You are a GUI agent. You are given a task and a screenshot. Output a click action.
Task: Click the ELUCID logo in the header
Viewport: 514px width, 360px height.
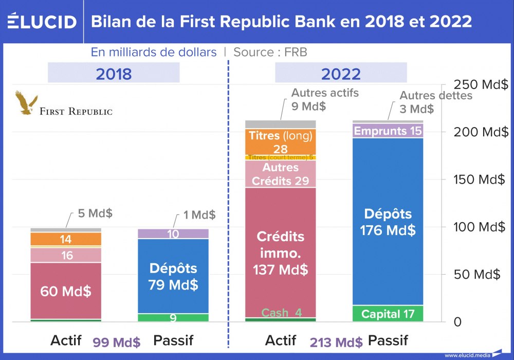(42, 22)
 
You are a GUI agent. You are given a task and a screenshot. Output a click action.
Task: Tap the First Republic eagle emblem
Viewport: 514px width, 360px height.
(26, 103)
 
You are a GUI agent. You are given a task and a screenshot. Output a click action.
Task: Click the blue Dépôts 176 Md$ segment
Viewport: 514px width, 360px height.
(388, 221)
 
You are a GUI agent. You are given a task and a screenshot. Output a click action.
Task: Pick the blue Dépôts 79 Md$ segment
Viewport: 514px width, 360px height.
(173, 276)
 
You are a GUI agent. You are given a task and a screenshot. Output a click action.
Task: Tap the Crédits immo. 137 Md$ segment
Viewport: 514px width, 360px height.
(280, 252)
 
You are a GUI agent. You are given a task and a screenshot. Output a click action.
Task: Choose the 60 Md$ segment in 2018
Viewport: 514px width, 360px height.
(66, 291)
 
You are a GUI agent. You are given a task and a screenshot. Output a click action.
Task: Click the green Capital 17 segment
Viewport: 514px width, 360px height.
(388, 314)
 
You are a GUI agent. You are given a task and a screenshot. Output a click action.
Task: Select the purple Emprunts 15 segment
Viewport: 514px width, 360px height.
(388, 131)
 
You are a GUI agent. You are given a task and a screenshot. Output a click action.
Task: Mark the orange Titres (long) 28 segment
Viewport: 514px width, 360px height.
(280, 142)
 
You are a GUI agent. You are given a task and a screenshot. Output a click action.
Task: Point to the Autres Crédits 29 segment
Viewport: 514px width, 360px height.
(280, 174)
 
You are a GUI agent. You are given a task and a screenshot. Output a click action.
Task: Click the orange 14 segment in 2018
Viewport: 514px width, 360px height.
(66, 239)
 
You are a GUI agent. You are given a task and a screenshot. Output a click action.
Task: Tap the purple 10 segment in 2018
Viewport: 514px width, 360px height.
(173, 234)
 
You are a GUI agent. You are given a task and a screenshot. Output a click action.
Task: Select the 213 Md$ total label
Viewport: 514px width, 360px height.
(337, 342)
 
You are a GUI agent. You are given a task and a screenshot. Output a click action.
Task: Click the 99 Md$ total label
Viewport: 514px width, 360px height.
(117, 342)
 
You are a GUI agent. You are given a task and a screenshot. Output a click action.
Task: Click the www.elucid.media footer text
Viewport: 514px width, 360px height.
(467, 355)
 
